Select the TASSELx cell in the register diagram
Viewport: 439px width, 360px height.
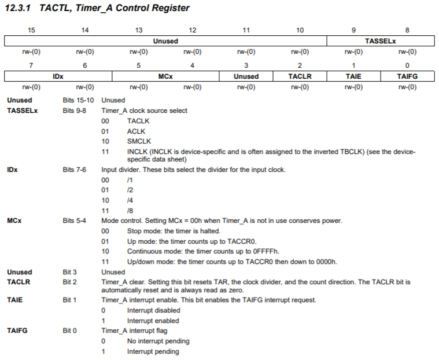(x=380, y=42)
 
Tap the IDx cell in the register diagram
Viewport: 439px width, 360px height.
(x=58, y=76)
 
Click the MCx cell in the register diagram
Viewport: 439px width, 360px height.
(x=165, y=76)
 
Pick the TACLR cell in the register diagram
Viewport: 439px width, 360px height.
(x=300, y=76)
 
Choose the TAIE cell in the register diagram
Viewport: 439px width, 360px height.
(x=353, y=76)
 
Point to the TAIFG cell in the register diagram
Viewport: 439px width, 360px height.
(x=407, y=76)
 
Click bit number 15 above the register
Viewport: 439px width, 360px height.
(x=31, y=30)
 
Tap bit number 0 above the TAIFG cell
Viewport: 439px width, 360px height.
(x=407, y=65)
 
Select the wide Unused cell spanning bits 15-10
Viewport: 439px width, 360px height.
(x=165, y=42)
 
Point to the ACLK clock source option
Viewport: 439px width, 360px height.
(x=137, y=131)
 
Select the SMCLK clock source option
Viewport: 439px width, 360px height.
(x=139, y=141)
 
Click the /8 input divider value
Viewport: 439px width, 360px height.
(x=131, y=210)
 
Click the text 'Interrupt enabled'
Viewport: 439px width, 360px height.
(x=153, y=321)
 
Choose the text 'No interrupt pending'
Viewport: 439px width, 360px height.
(x=158, y=341)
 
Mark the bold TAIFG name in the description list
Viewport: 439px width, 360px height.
(x=18, y=330)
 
